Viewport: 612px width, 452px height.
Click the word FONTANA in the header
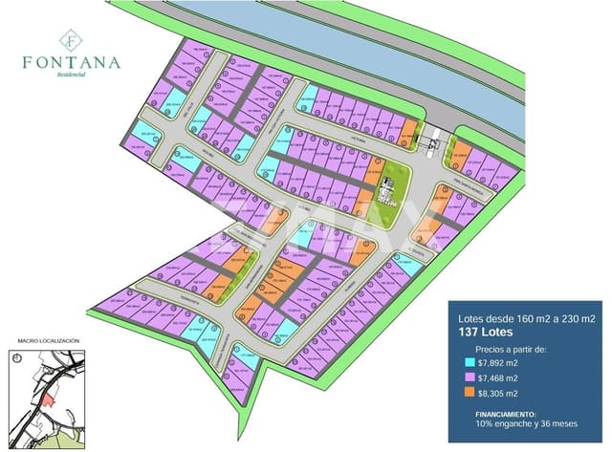click(72, 63)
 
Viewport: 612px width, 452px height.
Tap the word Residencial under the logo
click(72, 75)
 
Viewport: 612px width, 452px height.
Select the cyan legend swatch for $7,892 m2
click(468, 363)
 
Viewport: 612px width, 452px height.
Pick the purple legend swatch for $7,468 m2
click(468, 378)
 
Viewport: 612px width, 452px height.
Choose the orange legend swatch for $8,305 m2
click(468, 393)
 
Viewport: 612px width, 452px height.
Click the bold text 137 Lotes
click(486, 332)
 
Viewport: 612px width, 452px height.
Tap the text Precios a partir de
click(512, 350)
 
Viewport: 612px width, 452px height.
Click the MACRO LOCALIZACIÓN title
click(49, 341)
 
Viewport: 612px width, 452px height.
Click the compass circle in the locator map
click(18, 356)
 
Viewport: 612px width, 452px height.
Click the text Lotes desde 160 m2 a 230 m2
click(527, 317)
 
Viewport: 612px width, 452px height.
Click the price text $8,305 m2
click(498, 393)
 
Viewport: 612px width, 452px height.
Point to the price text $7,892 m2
click(498, 363)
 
